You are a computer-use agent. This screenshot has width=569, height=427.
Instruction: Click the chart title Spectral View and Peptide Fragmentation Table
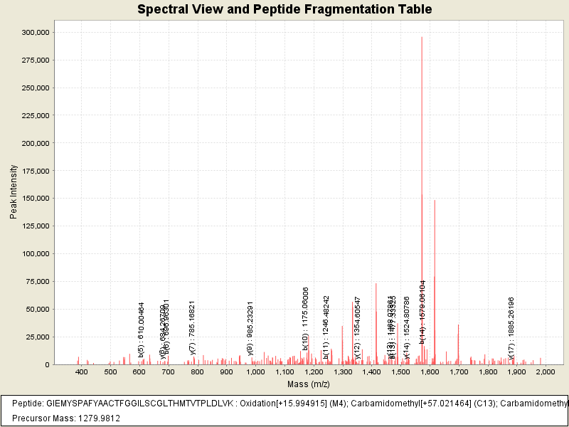pyautogui.click(x=284, y=10)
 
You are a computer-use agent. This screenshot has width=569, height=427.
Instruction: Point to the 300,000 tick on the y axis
pyautogui.click(x=35, y=33)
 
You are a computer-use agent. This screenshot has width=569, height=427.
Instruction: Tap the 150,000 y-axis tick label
pyautogui.click(x=35, y=199)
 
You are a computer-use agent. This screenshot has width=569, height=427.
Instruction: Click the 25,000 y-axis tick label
pyautogui.click(x=37, y=337)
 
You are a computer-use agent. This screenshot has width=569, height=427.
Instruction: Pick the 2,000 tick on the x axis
pyautogui.click(x=545, y=371)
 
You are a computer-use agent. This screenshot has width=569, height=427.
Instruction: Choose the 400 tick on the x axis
pyautogui.click(x=82, y=371)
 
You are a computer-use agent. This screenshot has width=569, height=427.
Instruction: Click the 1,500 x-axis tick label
pyautogui.click(x=400, y=371)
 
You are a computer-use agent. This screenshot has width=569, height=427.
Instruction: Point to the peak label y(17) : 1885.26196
pyautogui.click(x=511, y=325)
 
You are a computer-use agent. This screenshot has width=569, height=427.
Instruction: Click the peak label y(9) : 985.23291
pyautogui.click(x=250, y=327)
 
